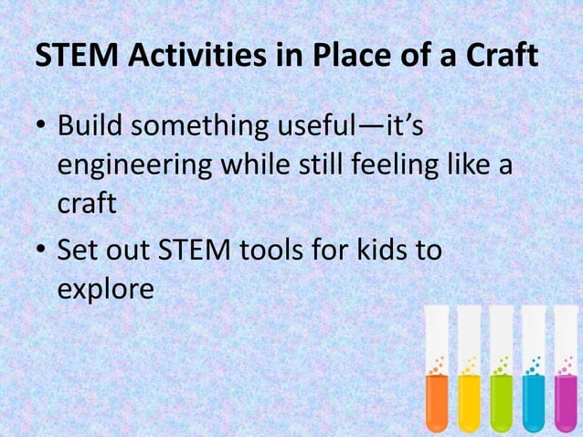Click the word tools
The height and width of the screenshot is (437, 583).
[x=274, y=249]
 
